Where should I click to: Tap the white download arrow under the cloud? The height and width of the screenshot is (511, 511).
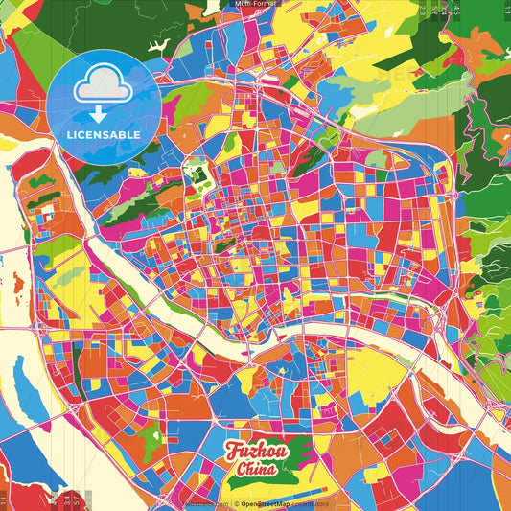click(103, 112)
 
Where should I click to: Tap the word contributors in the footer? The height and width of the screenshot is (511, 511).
click(310, 503)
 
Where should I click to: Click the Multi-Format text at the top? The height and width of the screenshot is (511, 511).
click(256, 5)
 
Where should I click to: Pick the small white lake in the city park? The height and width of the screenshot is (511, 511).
click(198, 175)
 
